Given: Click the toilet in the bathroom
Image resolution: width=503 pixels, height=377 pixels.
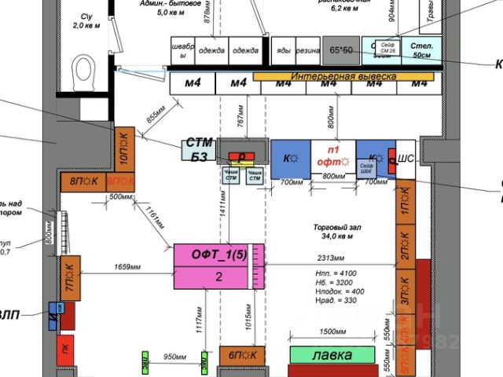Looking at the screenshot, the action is pyautogui.click(x=83, y=74).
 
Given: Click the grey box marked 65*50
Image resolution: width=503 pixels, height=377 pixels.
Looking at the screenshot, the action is pyautogui.click(x=341, y=49).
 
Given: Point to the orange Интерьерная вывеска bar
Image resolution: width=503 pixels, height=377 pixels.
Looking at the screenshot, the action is pyautogui.click(x=343, y=76).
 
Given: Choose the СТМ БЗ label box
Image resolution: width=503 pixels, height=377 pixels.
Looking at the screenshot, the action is pyautogui.click(x=198, y=148).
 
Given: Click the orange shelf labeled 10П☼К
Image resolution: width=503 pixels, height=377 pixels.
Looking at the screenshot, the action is pyautogui.click(x=125, y=148).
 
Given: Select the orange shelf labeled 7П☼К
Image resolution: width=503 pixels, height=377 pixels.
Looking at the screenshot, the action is pyautogui.click(x=71, y=278).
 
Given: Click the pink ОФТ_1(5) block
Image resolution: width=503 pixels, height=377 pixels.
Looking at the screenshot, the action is pyautogui.click(x=213, y=265).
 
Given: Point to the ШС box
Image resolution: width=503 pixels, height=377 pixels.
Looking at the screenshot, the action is pyautogui.click(x=406, y=157).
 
